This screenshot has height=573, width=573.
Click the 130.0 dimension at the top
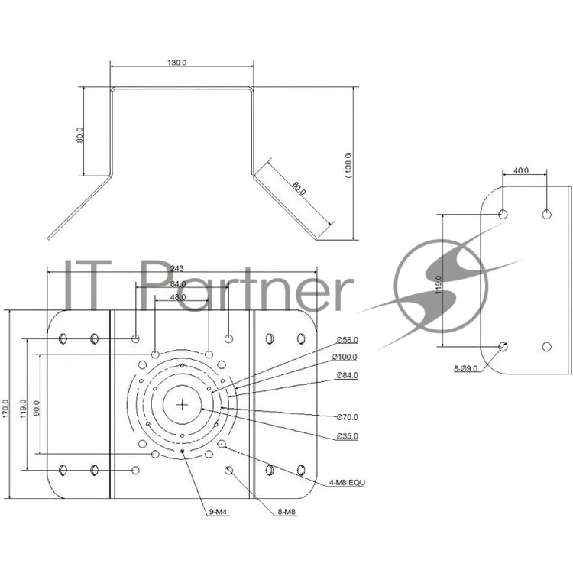(x=177, y=63)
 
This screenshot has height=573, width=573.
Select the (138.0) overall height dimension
(x=348, y=165)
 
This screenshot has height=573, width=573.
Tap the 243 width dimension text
(x=176, y=268)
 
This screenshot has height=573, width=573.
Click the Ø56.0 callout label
(x=347, y=340)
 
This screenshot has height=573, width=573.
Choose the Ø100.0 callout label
(x=345, y=357)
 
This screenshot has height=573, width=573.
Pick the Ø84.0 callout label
(x=347, y=375)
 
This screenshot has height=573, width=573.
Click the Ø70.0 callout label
(x=347, y=417)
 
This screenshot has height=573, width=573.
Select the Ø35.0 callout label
(x=347, y=436)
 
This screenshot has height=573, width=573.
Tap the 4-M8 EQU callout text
(x=347, y=483)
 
